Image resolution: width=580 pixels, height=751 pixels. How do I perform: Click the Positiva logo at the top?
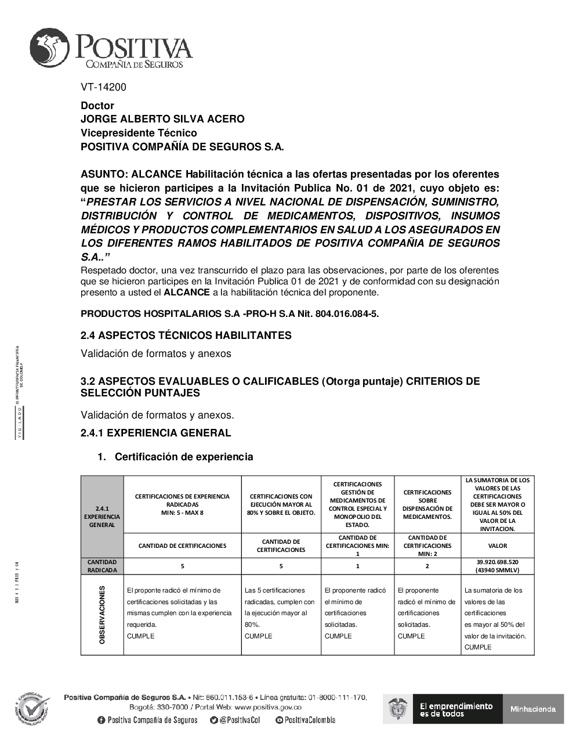click(x=111, y=49)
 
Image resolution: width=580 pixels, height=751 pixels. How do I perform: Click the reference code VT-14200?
click(x=103, y=87)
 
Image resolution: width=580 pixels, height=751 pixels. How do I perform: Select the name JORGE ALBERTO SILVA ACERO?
click(x=162, y=119)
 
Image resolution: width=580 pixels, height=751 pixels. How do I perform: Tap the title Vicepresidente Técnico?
click(x=139, y=133)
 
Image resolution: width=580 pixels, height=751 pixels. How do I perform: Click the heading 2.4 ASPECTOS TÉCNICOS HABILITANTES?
click(x=186, y=335)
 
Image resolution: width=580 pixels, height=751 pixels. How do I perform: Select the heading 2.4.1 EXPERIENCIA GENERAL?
click(x=155, y=433)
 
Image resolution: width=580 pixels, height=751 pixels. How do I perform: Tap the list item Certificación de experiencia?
click(x=184, y=457)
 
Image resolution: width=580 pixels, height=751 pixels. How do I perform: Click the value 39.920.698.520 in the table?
click(x=497, y=562)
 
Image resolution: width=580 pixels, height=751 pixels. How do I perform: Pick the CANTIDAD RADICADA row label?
click(x=102, y=566)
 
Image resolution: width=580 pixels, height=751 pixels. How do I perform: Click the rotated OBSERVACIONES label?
click(x=102, y=615)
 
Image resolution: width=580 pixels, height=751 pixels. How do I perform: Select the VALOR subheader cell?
click(x=497, y=546)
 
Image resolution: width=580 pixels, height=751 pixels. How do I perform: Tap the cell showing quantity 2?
click(x=427, y=566)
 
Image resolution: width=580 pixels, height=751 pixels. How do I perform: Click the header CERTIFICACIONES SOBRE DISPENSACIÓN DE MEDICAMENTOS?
click(x=427, y=504)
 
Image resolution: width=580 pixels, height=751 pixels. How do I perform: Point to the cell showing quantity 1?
click(x=357, y=566)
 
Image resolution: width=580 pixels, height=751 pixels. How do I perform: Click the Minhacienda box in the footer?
click(x=533, y=709)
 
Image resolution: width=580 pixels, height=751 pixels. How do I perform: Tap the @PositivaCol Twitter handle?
click(x=235, y=720)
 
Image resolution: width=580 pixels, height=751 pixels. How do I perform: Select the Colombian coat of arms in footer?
click(x=398, y=709)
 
